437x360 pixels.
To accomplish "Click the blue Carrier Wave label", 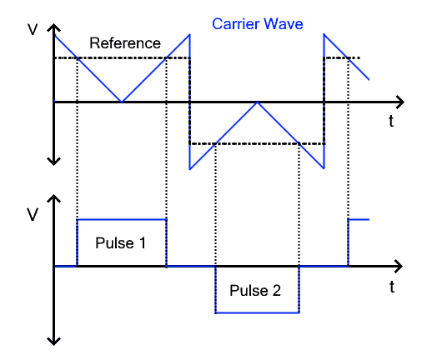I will [257, 23].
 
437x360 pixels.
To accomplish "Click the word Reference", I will [124, 43].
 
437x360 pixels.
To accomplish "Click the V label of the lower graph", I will [33, 215].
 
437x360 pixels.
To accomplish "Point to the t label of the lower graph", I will [391, 287].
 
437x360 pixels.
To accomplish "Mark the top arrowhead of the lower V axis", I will [54, 200].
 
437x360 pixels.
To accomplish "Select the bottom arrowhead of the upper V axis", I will [54, 160].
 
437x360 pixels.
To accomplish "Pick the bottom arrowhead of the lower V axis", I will [54, 340].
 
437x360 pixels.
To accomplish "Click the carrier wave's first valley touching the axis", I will [122, 102].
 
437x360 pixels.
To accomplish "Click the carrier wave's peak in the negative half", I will [258, 102].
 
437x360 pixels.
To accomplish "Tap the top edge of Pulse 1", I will [121, 219].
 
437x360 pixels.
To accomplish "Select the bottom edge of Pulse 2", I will [257, 313].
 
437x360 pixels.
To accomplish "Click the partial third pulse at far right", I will [358, 220].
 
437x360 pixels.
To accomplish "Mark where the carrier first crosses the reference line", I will [78, 57].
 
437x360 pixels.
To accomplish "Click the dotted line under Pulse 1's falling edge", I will [167, 167].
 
